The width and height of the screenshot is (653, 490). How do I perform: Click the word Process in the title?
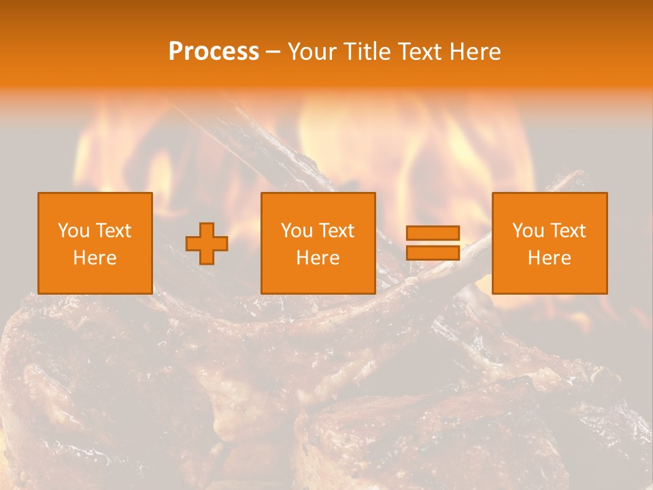[x=214, y=52]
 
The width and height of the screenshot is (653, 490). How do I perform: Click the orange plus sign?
[x=207, y=244]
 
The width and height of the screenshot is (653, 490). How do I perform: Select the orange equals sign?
[x=433, y=243]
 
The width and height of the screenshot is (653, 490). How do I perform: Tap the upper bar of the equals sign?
[x=433, y=233]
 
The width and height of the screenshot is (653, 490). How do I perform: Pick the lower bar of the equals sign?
[x=433, y=253]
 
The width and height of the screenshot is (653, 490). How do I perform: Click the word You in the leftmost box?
[x=73, y=231]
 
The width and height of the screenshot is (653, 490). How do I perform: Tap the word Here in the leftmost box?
[x=95, y=258]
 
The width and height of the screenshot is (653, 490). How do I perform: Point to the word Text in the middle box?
[x=336, y=231]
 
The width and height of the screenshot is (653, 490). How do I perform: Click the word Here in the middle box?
[x=318, y=258]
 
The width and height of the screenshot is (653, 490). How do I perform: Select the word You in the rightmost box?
[x=527, y=231]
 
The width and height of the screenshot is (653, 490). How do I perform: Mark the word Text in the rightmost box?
[x=567, y=231]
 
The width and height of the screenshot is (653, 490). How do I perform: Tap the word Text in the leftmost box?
[x=113, y=231]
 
